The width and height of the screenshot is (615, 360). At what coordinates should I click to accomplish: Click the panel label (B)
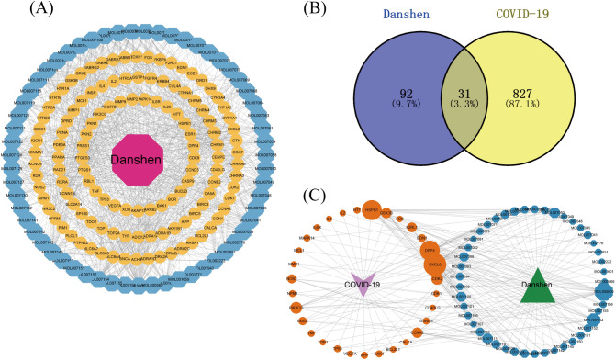327,12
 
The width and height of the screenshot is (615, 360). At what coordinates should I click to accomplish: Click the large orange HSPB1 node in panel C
373,210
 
